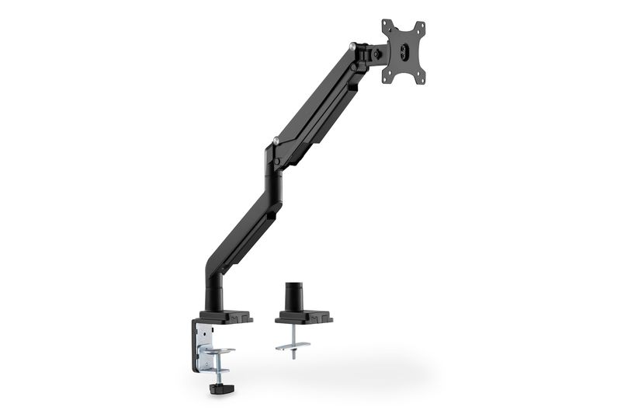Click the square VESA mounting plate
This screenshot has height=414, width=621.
[x=404, y=51]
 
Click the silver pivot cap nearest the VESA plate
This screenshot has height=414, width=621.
[x=355, y=47]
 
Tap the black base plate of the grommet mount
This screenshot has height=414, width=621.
[x=303, y=317]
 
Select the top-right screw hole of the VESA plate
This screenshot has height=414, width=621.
[x=422, y=26]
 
